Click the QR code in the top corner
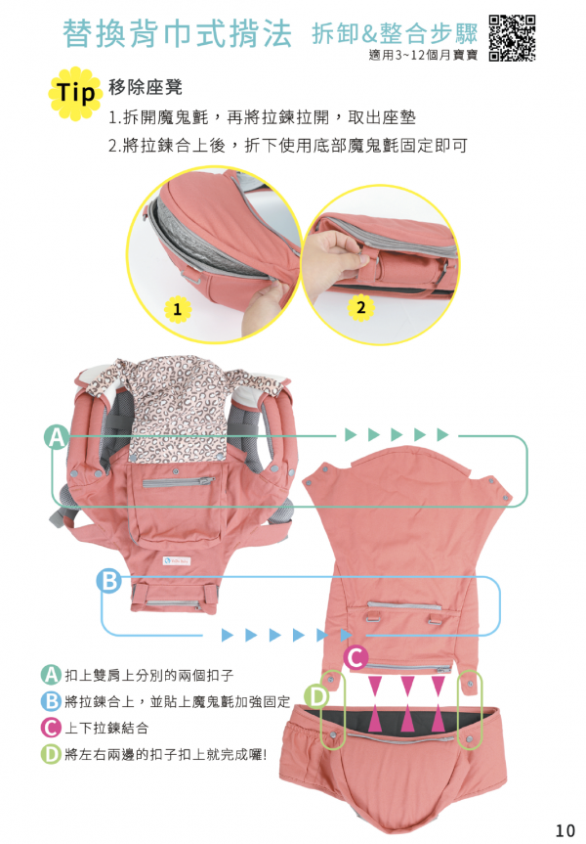point(512,37)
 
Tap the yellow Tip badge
point(76,94)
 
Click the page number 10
point(565,830)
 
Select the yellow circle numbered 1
point(177,310)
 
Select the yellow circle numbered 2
point(360,306)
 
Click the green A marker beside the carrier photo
point(57,438)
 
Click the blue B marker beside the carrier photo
point(109,582)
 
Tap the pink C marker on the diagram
point(356,657)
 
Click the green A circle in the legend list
point(51,675)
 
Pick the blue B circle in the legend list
point(51,701)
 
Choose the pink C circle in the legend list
point(51,728)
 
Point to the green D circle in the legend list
point(51,754)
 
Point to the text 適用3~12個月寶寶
point(423,55)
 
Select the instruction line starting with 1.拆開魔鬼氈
point(262,118)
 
